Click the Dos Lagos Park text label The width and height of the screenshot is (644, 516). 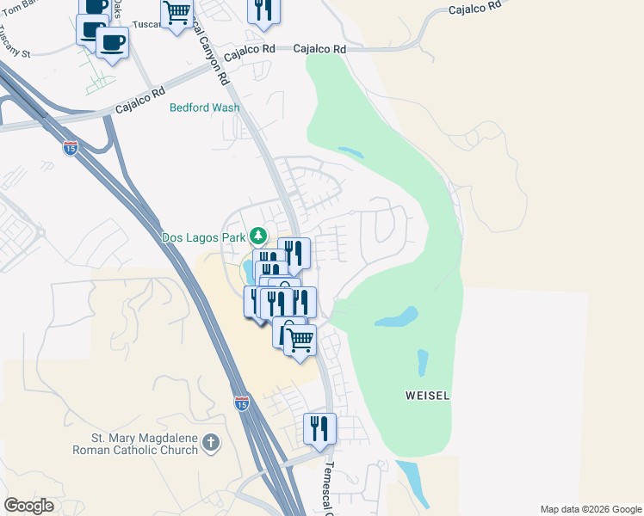[203, 236]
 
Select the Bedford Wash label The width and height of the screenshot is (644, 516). [204, 107]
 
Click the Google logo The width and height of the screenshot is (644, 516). [28, 506]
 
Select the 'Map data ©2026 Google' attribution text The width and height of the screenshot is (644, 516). [590, 509]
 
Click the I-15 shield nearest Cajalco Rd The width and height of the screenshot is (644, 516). [71, 148]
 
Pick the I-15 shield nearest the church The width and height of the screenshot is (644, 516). [243, 402]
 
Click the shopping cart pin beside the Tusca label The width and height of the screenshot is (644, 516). [177, 14]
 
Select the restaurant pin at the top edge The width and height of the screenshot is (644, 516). [263, 9]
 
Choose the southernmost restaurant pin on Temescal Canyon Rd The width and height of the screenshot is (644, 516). [319, 428]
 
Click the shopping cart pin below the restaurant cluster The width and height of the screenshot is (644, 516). [300, 340]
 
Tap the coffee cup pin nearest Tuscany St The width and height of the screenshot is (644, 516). [112, 43]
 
